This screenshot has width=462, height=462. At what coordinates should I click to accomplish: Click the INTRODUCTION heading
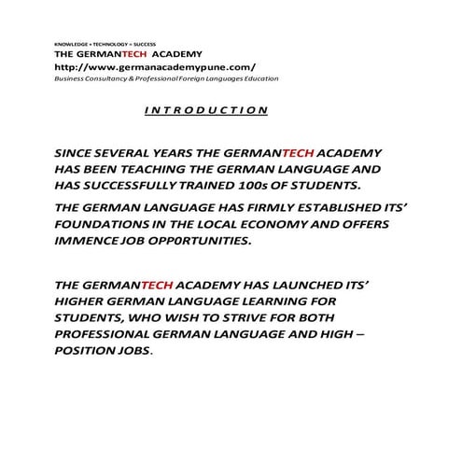point(206,110)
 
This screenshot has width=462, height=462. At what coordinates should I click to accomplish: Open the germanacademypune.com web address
point(155,67)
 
